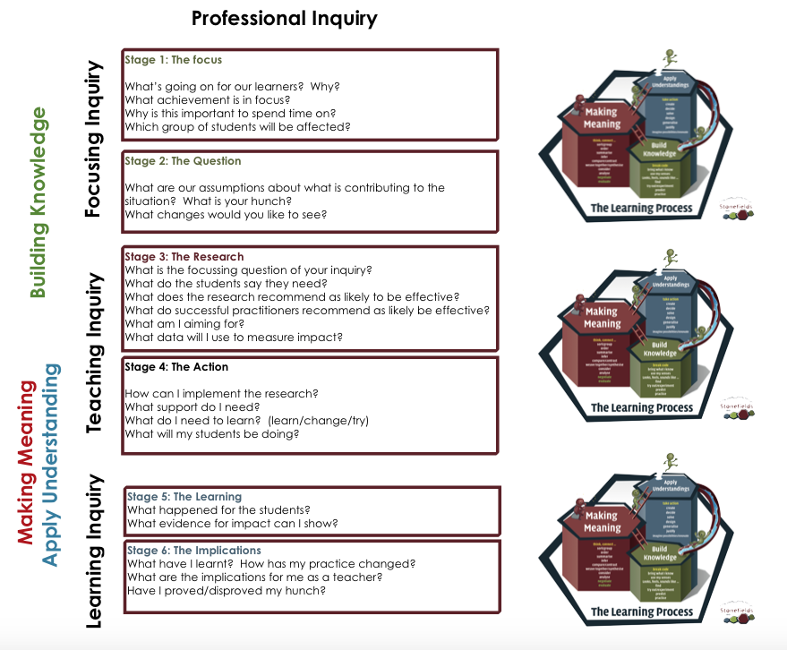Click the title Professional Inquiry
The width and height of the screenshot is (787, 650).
tap(285, 18)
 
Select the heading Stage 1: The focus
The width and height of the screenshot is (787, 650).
tap(174, 60)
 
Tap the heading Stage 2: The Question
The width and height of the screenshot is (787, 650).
tap(183, 161)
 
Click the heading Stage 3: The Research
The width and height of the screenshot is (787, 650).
tap(184, 257)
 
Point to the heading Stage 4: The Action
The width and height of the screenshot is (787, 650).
tap(176, 367)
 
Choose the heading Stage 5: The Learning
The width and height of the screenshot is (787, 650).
tap(184, 497)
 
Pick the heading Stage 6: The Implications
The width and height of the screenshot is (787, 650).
tap(194, 551)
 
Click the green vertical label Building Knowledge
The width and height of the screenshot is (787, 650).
tap(38, 202)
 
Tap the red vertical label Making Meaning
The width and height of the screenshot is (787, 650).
tap(26, 461)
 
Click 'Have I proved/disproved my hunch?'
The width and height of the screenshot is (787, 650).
tap(231, 591)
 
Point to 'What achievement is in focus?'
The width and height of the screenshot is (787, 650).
tap(208, 99)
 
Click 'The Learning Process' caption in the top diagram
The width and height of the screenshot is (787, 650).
tap(641, 210)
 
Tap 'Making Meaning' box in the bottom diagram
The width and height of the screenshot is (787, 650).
tap(602, 522)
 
